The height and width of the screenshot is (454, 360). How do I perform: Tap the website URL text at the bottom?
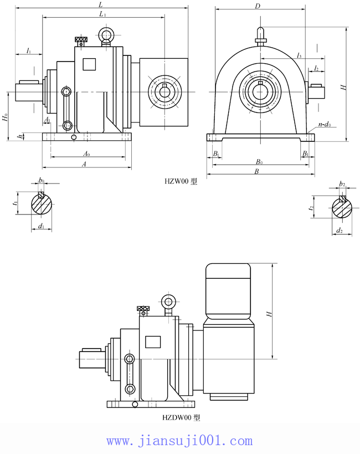[x=179, y=441]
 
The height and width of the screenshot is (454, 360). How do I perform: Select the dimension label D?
[x=258, y=6]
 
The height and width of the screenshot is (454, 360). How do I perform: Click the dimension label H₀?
[x=5, y=118]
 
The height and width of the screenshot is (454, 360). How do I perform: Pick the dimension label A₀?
[x=86, y=154]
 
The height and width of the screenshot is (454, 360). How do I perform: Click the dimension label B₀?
[x=259, y=162]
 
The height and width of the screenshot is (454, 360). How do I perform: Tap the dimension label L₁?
[x=102, y=14]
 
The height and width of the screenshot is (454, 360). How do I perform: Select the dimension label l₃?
[x=299, y=55]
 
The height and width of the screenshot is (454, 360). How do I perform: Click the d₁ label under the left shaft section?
[x=42, y=226]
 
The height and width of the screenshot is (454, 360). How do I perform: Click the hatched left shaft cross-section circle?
[x=42, y=204]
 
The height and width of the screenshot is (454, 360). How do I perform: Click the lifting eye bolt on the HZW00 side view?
[x=106, y=37]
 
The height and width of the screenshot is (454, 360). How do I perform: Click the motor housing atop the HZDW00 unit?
[x=228, y=291]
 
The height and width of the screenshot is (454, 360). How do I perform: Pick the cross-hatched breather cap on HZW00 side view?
[x=81, y=40]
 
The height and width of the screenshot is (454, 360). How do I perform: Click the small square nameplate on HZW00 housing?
[x=89, y=64]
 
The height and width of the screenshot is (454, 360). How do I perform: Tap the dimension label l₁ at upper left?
[x=29, y=51]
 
